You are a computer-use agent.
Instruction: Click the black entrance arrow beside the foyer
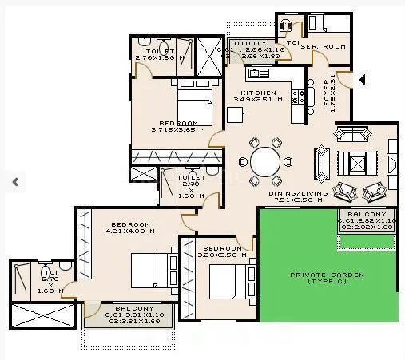362,80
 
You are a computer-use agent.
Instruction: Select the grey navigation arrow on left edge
14,181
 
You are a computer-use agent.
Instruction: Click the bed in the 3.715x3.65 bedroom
190,108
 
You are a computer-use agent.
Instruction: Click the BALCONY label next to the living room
366,215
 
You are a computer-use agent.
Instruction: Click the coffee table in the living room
357,165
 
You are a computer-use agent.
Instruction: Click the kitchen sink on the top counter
259,74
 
